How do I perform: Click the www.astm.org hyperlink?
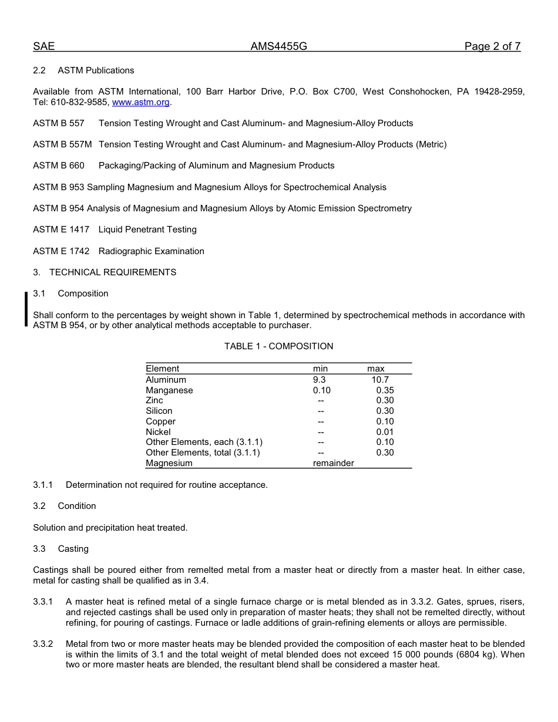tap(140, 102)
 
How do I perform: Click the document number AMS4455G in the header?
tap(278, 47)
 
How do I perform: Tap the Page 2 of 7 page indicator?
tap(492, 47)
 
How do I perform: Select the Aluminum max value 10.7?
tap(379, 380)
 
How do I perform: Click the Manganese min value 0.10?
tap(321, 390)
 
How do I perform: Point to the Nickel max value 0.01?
tap(385, 432)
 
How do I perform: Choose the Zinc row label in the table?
tap(154, 400)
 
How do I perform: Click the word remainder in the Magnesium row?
tap(333, 463)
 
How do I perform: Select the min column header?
tap(320, 369)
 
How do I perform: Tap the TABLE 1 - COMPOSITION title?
tap(278, 346)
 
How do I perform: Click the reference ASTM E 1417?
tap(61, 230)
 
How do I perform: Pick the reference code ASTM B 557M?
tap(62, 144)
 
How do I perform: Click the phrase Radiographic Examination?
tap(151, 251)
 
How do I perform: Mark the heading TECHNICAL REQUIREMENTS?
tap(113, 272)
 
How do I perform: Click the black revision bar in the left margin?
tap(26, 309)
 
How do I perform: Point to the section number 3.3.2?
tap(43, 644)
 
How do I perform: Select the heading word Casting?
tap(73, 549)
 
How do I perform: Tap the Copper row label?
tap(160, 421)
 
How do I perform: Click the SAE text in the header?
tap(43, 47)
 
